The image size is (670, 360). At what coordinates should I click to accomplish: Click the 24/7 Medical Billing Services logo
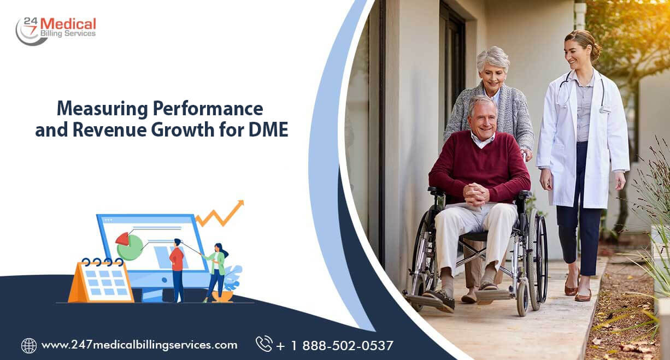(x=56, y=29)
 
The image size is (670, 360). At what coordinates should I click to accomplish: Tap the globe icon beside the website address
(x=29, y=345)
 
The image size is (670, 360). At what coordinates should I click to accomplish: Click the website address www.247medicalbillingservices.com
(x=139, y=345)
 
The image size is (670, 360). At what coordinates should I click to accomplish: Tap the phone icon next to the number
(x=264, y=344)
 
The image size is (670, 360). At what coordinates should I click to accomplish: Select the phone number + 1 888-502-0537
(x=334, y=346)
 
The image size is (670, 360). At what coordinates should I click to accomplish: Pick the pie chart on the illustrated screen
(x=129, y=246)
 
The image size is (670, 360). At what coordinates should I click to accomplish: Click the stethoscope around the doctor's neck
(x=580, y=93)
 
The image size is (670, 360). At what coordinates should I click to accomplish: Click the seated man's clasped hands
(x=476, y=193)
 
